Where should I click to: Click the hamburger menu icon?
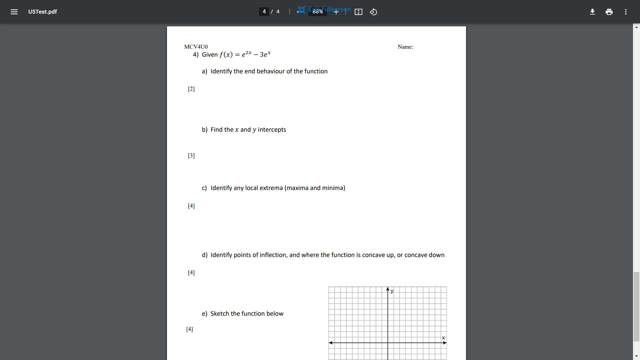tap(14, 12)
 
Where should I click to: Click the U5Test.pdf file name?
tap(42, 12)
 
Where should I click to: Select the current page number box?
tap(264, 12)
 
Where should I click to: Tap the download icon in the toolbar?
tap(592, 12)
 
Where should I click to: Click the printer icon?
tap(609, 12)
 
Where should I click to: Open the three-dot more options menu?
tap(626, 12)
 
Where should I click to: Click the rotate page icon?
tap(373, 12)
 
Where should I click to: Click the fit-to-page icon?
tap(358, 12)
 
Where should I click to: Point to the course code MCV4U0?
tap(196, 47)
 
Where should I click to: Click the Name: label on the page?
tap(405, 47)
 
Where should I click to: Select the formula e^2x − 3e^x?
tap(256, 54)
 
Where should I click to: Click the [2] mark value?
tap(191, 89)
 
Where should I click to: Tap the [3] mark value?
tap(191, 156)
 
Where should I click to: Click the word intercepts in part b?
tap(272, 130)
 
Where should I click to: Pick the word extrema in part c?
tap(271, 188)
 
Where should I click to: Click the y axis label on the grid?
tap(392, 291)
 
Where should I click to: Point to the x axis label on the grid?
tap(443, 338)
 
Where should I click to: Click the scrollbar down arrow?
tap(636, 356)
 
